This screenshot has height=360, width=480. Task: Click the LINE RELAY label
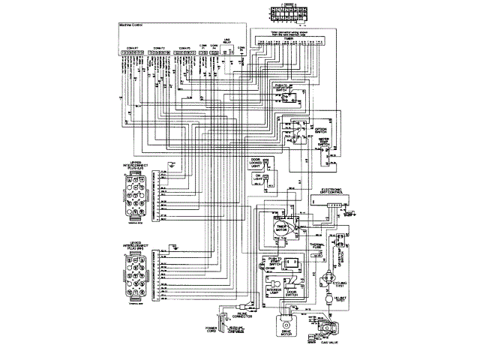point(227,43)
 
